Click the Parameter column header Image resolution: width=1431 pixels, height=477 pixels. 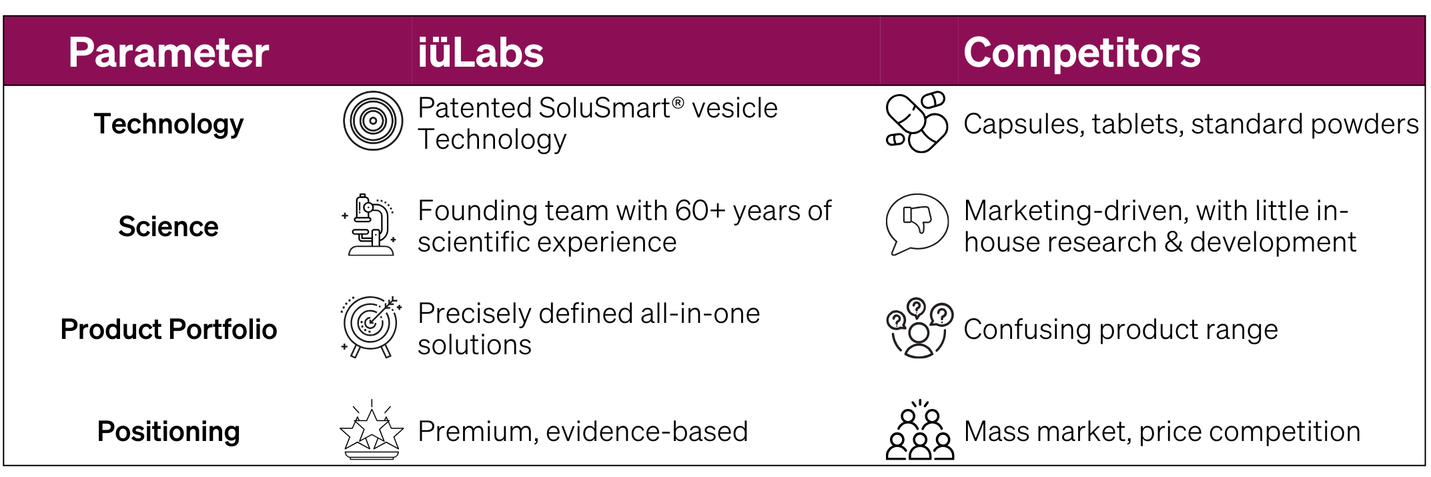(168, 53)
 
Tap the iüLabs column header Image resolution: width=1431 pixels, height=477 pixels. (480, 53)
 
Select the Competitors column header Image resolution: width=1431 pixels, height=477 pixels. (1081, 53)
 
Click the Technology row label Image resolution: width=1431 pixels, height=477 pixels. (169, 124)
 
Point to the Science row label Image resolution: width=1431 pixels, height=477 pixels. (168, 227)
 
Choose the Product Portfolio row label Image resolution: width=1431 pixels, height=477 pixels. (169, 330)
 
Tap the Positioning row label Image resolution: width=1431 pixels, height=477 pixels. (169, 432)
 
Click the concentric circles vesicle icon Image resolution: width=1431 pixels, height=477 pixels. (373, 121)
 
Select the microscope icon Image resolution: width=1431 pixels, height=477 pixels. (371, 224)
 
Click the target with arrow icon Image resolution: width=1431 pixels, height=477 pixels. (371, 327)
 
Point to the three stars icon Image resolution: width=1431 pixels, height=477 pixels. (372, 430)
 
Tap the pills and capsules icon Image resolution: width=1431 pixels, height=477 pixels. (917, 122)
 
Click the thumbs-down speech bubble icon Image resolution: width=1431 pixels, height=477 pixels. (917, 224)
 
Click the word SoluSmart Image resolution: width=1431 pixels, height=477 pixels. (604, 108)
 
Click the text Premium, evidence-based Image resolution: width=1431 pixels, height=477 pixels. (582, 432)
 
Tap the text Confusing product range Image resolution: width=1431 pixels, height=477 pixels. (1121, 330)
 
